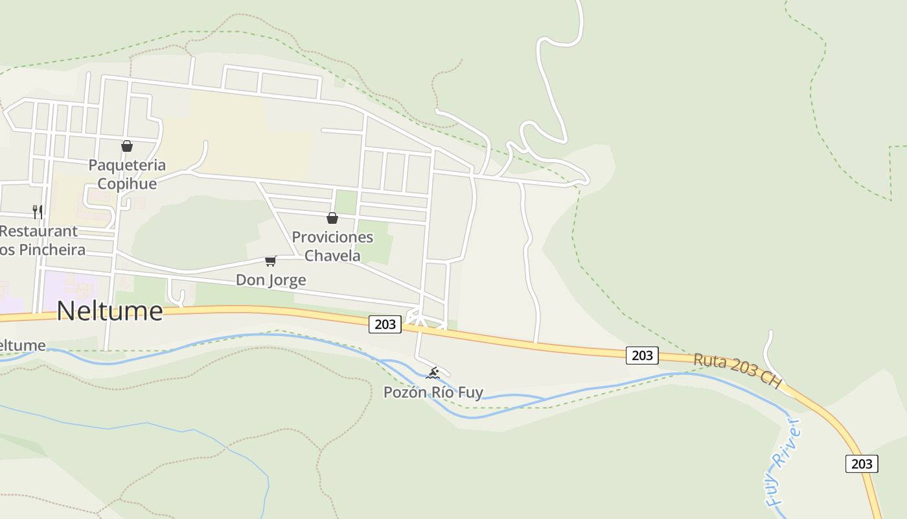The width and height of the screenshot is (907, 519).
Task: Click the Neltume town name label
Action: pos(109,311)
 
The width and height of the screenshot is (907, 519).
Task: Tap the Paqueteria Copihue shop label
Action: pos(127,175)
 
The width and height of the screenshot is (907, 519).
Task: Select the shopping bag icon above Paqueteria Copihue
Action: pos(127,146)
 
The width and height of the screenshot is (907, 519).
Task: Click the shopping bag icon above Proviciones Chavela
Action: pos(332,218)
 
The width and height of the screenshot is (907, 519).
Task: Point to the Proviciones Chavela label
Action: pos(332,246)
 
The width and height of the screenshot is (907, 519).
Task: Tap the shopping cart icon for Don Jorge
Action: pos(271,261)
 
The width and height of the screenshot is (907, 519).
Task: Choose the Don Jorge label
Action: pos(271,280)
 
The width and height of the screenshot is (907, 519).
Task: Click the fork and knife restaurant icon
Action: pos(38,211)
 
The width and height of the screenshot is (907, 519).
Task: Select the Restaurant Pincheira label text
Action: pos(39,240)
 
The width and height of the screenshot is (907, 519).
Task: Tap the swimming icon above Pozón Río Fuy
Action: pos(433,373)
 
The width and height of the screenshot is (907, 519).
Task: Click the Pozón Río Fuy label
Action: pos(433,392)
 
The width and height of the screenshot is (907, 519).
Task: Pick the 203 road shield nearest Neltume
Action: pos(385,324)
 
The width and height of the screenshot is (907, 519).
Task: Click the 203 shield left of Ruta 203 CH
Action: pos(642,355)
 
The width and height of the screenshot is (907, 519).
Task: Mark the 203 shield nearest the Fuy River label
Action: pos(862,463)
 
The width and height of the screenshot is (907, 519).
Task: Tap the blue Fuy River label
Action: pos(783,462)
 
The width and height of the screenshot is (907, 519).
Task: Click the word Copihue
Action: pos(127,184)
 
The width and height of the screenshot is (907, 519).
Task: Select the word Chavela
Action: pos(332,256)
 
